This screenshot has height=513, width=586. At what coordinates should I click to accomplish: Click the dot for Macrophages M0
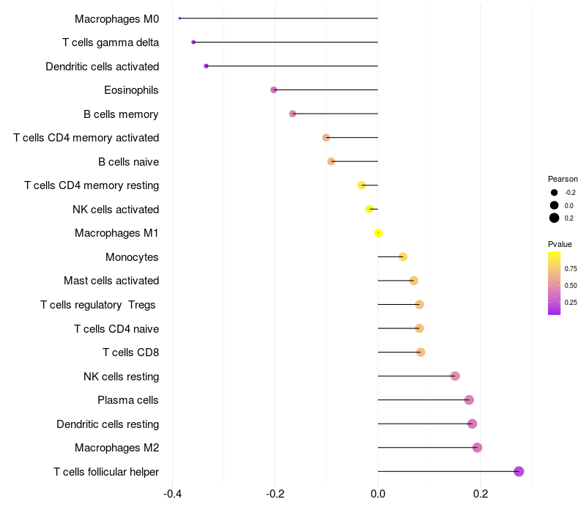pyautogui.click(x=179, y=18)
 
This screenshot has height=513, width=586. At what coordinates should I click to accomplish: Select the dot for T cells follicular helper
pyautogui.click(x=519, y=471)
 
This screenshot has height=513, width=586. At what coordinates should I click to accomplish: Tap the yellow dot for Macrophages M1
pyautogui.click(x=378, y=233)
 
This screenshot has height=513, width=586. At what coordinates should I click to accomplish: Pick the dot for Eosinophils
pyautogui.click(x=274, y=90)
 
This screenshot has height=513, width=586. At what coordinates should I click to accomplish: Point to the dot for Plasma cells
pyautogui.click(x=469, y=400)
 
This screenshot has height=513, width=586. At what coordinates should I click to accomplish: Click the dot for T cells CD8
pyautogui.click(x=420, y=353)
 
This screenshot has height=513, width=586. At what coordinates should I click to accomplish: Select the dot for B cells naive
pyautogui.click(x=331, y=161)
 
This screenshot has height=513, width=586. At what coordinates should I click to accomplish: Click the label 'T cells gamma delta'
pyautogui.click(x=111, y=43)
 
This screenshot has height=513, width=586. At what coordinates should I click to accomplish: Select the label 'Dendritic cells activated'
pyautogui.click(x=103, y=67)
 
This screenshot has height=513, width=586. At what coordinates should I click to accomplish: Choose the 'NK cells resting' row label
pyautogui.click(x=122, y=377)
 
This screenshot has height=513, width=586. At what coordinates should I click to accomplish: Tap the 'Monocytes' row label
pyautogui.click(x=132, y=257)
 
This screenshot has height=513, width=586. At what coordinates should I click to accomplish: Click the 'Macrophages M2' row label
pyautogui.click(x=117, y=448)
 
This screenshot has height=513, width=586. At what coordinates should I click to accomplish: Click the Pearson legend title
pyautogui.click(x=563, y=179)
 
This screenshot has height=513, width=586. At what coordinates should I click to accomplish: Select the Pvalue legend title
pyautogui.click(x=560, y=244)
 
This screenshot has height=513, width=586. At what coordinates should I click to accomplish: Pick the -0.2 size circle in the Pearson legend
pyautogui.click(x=555, y=192)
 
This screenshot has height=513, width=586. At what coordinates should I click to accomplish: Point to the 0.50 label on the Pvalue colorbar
pyautogui.click(x=571, y=285)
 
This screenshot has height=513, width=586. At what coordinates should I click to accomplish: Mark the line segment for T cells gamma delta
pyautogui.click(x=286, y=43)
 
